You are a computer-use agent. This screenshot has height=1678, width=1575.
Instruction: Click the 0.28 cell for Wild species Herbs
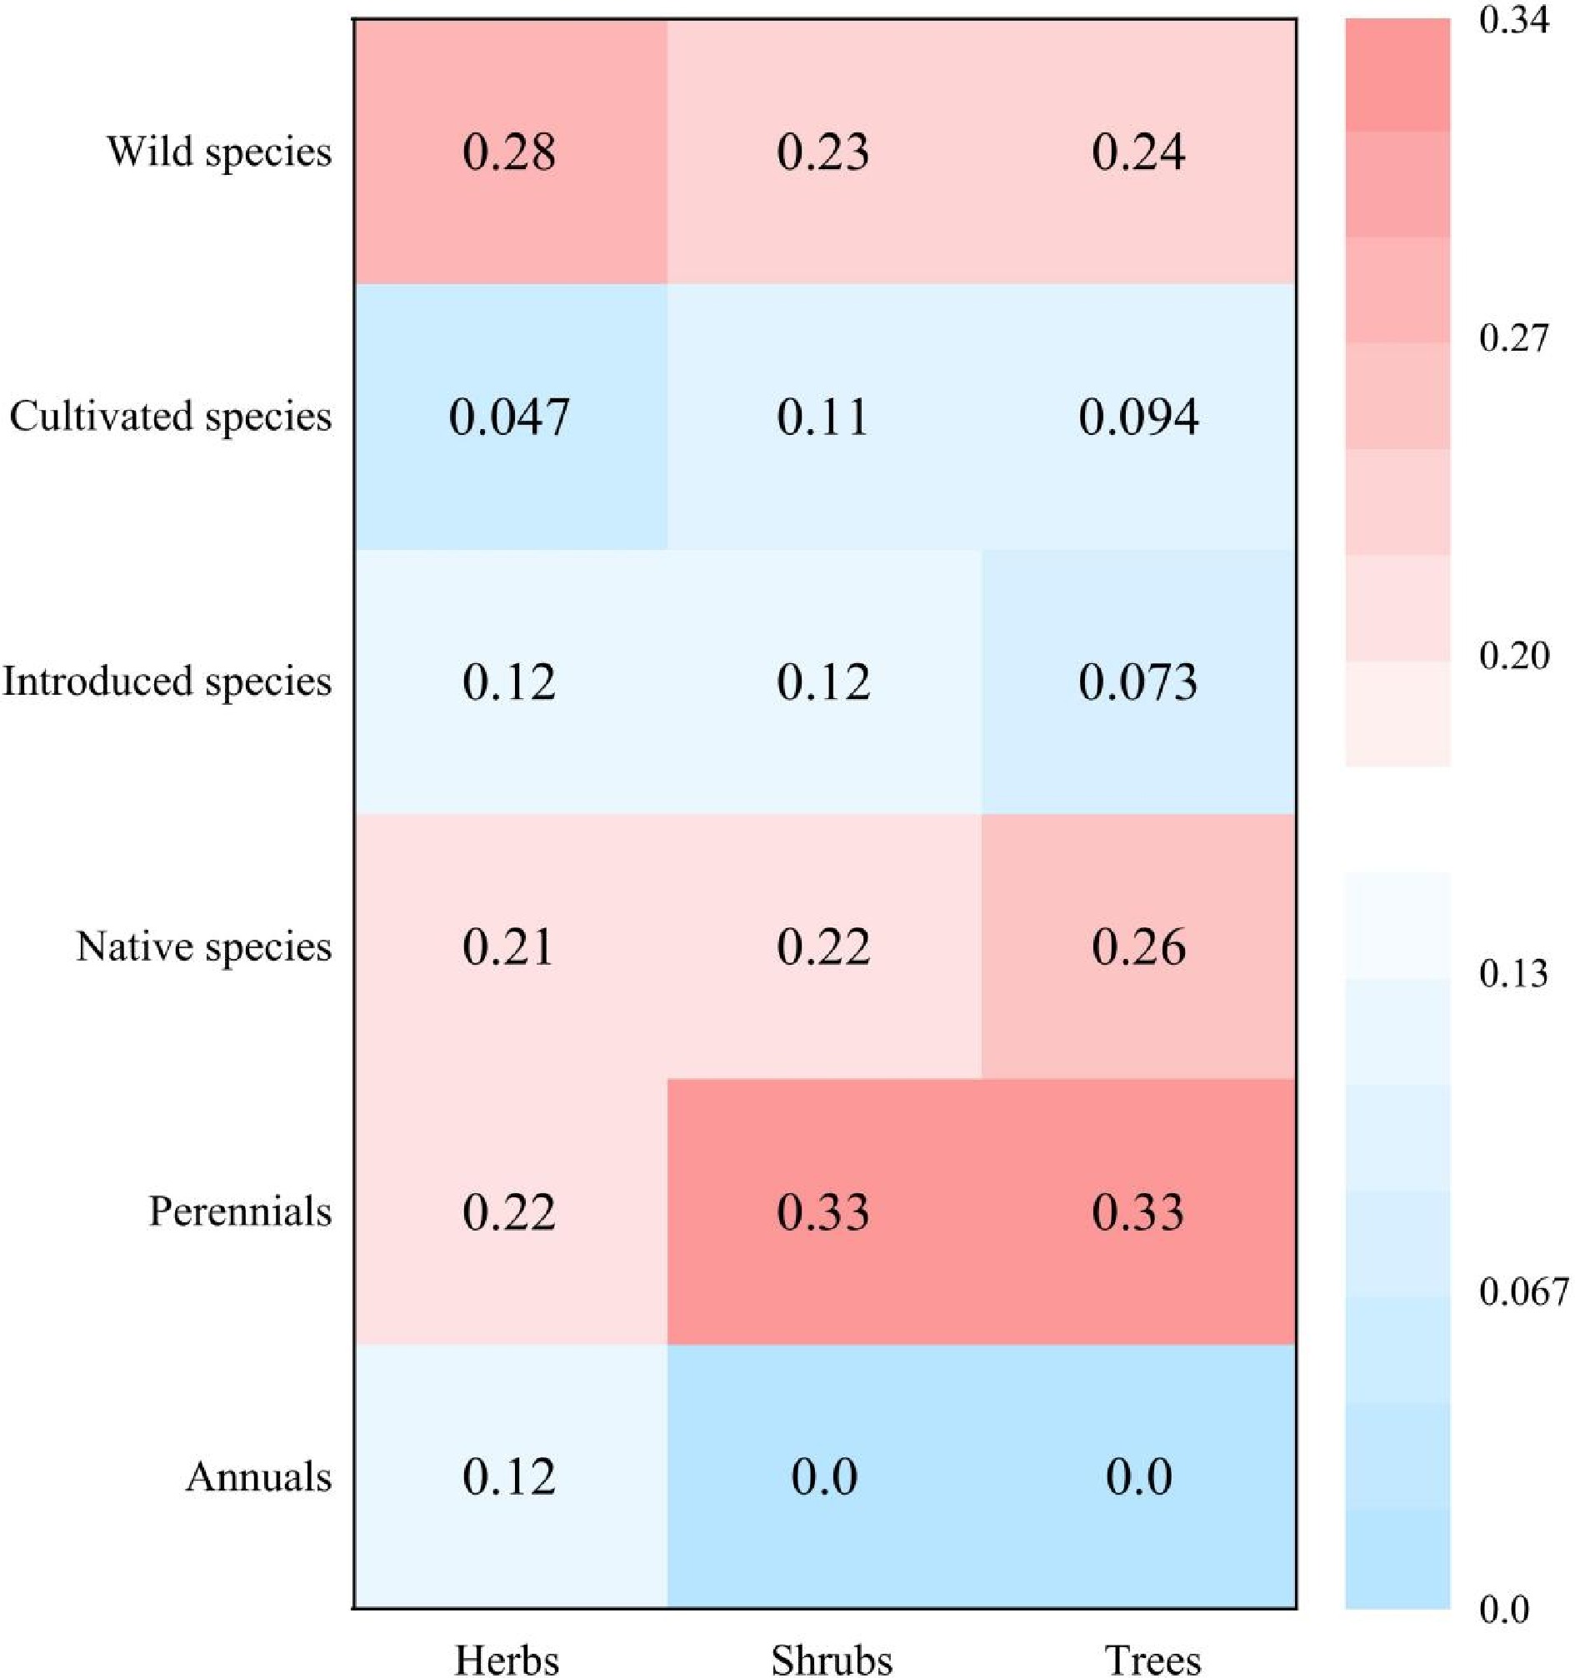[x=509, y=152]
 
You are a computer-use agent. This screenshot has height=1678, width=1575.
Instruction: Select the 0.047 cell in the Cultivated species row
[x=509, y=417]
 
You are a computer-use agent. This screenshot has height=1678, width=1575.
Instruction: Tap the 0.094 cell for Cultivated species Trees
[x=1138, y=417]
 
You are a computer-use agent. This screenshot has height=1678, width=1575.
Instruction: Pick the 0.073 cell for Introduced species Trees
[x=1138, y=682]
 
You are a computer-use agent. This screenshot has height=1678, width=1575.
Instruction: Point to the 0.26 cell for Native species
[x=1138, y=947]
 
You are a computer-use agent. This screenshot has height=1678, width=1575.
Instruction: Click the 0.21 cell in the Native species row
[x=509, y=947]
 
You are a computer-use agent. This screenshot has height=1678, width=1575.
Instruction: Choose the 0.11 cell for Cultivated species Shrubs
[x=824, y=417]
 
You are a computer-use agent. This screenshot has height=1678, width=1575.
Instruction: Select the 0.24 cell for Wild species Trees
[x=1138, y=152]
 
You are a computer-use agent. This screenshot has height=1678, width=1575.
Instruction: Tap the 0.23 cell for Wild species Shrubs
[x=824, y=152]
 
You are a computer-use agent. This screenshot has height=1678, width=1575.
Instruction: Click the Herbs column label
[x=507, y=1660]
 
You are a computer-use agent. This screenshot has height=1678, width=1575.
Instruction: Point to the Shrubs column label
[x=832, y=1660]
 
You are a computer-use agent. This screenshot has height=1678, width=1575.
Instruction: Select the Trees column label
[x=1153, y=1660]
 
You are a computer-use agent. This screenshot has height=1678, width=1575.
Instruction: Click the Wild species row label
[x=218, y=152]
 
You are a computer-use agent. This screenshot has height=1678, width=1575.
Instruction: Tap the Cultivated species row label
[x=171, y=417]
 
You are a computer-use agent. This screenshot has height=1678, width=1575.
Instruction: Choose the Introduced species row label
[x=167, y=682]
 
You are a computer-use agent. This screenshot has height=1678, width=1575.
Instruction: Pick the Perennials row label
[x=241, y=1212]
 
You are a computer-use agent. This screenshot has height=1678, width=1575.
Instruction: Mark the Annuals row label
[x=258, y=1477]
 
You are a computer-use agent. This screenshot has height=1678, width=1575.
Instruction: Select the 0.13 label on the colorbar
[x=1514, y=974]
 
